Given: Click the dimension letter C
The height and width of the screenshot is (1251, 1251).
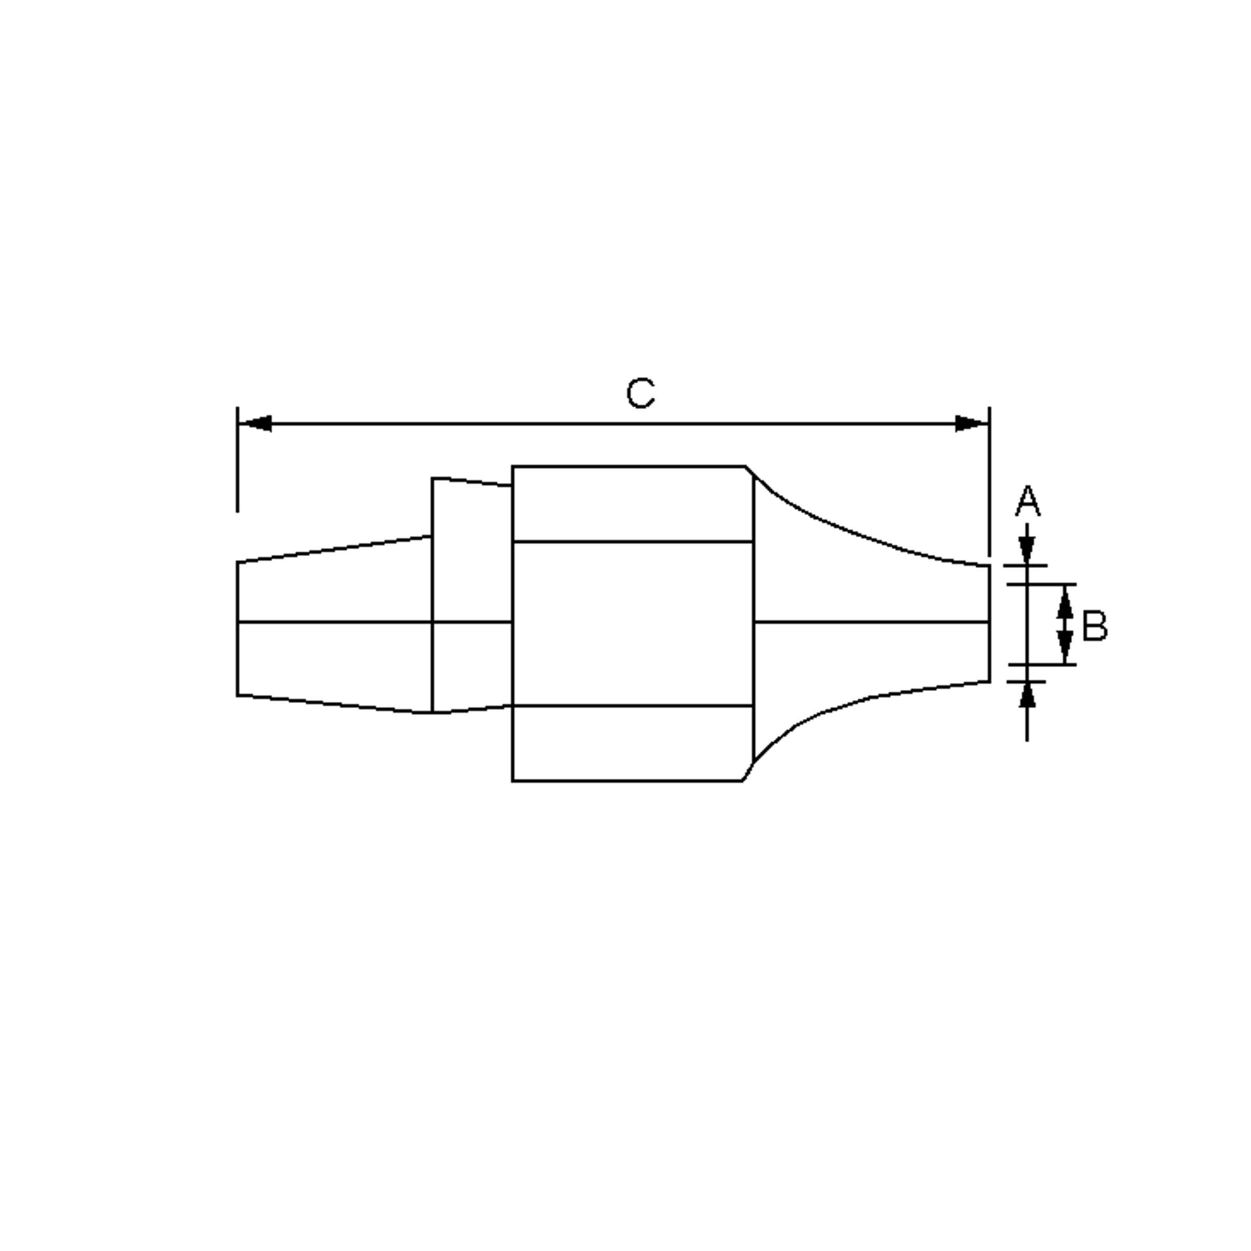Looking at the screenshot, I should [x=641, y=394].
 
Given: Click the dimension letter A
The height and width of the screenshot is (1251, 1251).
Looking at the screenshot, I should [x=1027, y=502].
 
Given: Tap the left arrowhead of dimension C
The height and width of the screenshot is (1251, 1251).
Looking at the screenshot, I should [x=256, y=424].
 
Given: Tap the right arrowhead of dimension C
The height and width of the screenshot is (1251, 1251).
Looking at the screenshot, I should [x=971, y=424].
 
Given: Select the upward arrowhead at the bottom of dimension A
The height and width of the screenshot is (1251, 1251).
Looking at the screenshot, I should [x=1027, y=695].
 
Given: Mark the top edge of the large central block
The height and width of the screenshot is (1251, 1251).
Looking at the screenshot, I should [x=628, y=466].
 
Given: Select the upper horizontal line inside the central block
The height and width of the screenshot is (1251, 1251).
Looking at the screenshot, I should [x=632, y=542].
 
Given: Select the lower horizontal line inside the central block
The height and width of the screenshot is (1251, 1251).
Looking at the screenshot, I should [x=632, y=706].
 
